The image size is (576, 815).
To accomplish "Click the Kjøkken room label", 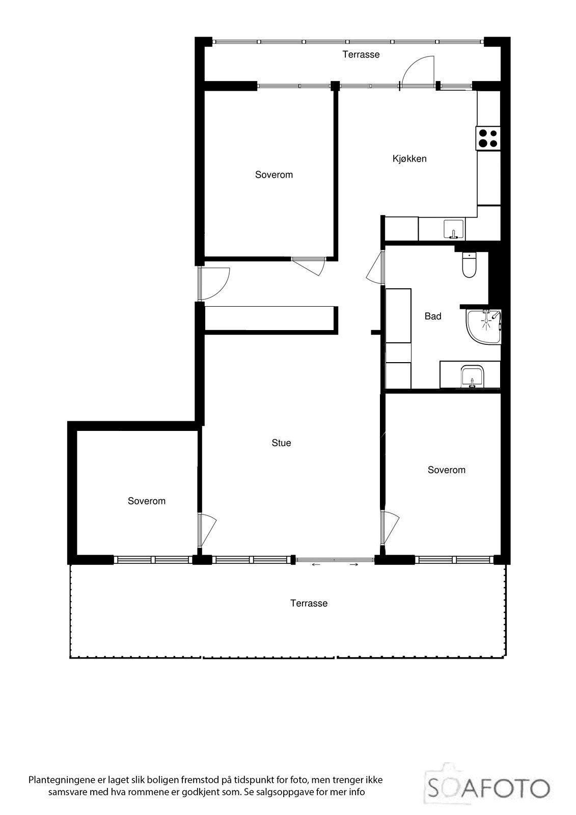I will pos(409,158).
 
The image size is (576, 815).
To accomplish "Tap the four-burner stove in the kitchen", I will pos(488,138).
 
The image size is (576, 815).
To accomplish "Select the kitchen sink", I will pos(453,229).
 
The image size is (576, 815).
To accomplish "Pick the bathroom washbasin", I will pos(472,377).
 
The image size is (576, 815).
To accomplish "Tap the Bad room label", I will pos(433,316).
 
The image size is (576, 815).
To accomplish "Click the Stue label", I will pos(281,443).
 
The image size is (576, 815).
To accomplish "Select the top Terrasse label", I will pos(361,55).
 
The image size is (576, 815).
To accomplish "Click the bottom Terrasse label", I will pos(309,604).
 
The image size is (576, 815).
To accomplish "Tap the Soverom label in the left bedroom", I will pos(147,501).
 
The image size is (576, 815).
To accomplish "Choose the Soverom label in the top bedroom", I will pos(274,175).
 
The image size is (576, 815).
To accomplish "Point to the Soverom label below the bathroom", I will pos(447,470).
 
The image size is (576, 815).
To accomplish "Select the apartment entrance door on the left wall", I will pos(214,284).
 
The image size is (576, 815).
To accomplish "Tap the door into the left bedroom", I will pos(207,530).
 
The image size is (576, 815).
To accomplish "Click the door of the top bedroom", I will pos(310,265).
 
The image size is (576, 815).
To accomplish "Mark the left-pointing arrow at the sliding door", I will pos(316,564).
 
